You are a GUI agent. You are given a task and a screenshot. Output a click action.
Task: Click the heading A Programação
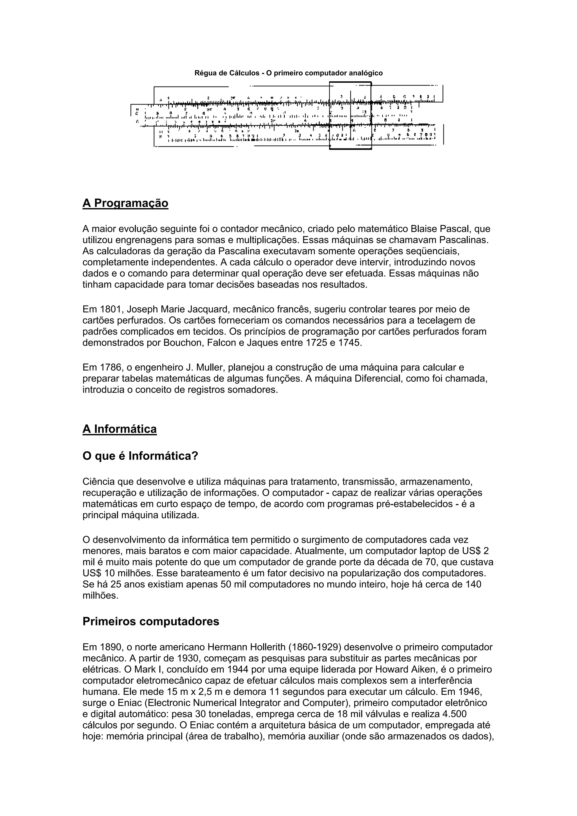point(125,203)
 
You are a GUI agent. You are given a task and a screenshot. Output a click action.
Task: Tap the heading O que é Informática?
point(140,456)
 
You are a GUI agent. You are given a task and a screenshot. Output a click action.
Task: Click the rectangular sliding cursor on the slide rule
point(350,115)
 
